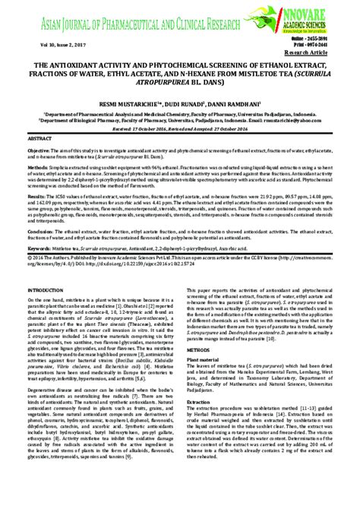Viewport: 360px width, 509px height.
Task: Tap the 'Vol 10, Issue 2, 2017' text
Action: point(52,46)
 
